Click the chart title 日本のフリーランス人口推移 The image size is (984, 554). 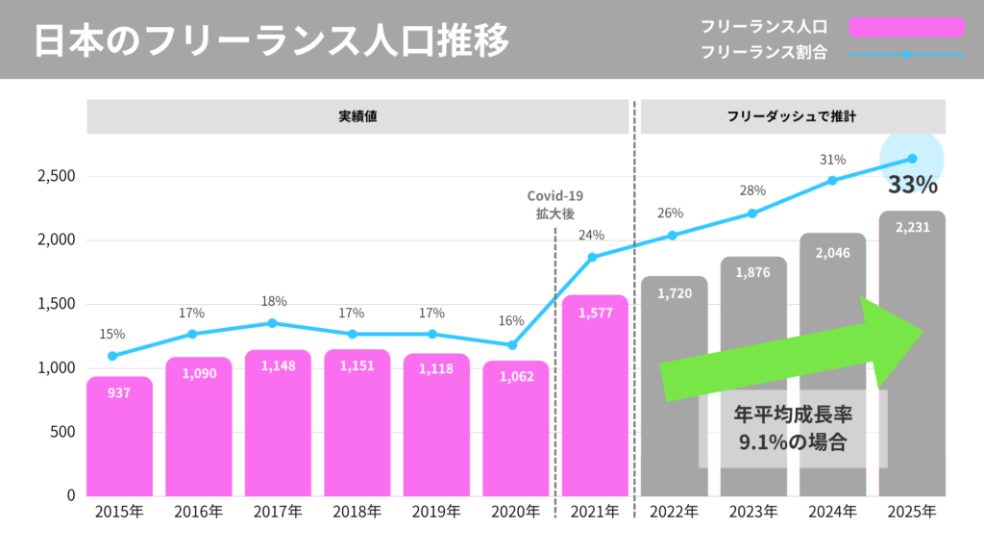point(272,40)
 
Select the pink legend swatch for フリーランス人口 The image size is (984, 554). point(905,27)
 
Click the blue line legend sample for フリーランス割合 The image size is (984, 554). point(905,54)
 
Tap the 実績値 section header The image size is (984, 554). point(357,116)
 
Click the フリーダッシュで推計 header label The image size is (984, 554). point(792,116)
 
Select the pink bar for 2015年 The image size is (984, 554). point(119,438)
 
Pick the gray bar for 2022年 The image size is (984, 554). point(674,385)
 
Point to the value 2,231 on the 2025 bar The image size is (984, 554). point(911,228)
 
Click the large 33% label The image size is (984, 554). point(912,186)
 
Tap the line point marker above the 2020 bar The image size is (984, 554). point(512,345)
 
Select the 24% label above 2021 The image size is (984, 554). point(591,235)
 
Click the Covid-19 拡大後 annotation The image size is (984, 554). point(555,205)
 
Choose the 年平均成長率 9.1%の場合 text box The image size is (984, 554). point(793,429)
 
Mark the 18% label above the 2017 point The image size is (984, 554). point(274,301)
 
